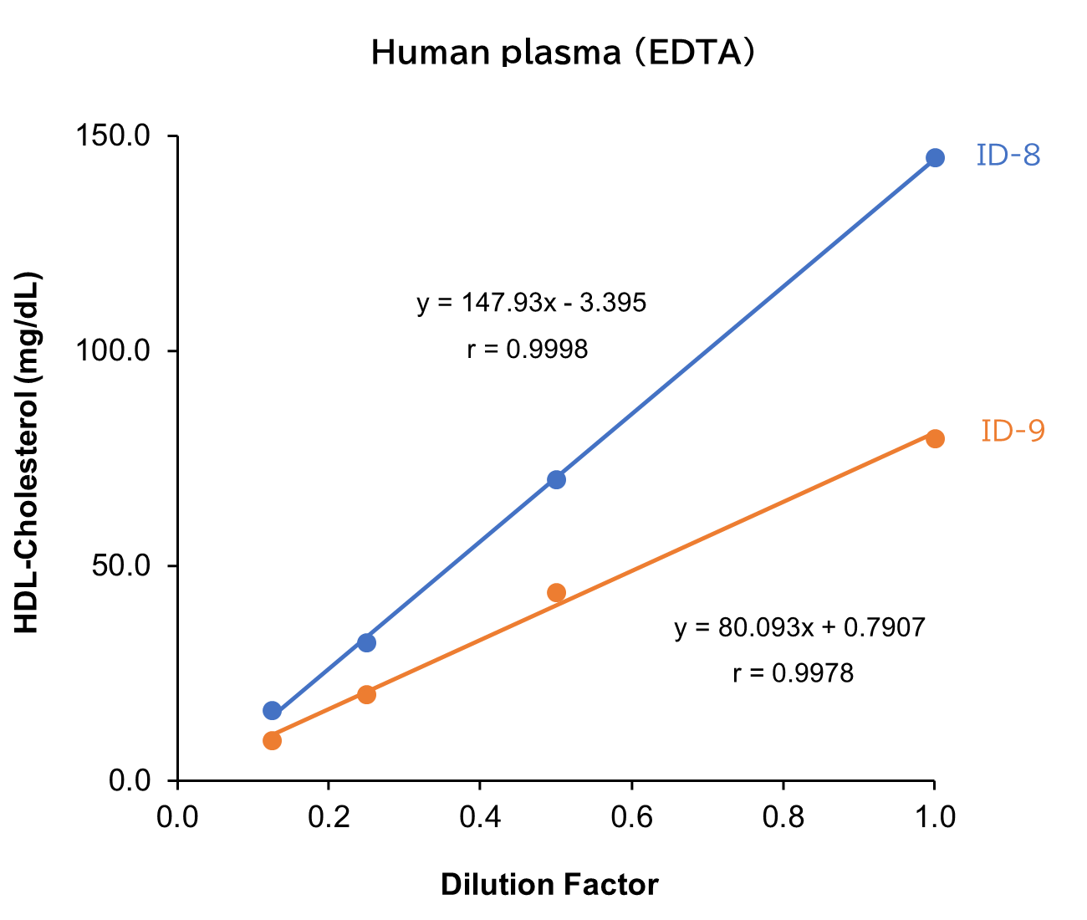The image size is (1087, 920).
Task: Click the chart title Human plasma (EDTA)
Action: [563, 52]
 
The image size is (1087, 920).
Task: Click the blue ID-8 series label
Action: [1008, 156]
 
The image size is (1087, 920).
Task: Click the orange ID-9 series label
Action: [1013, 431]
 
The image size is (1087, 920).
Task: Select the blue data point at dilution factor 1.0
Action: [935, 158]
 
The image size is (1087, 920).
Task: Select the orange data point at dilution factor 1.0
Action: [935, 438]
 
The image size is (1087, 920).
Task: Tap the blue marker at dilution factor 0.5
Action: [556, 479]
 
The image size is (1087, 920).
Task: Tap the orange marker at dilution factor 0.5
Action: [556, 593]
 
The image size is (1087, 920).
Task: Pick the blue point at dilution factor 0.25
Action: [366, 642]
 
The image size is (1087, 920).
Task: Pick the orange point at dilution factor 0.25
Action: [366, 694]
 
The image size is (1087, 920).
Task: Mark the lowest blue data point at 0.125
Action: [272, 711]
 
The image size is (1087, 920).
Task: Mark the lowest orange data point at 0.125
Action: [272, 740]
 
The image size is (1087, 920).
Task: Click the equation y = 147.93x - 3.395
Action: [531, 303]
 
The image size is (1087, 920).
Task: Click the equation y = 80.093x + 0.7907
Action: [799, 627]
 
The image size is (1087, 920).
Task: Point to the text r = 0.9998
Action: [527, 349]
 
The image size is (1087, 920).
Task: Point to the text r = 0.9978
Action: [793, 673]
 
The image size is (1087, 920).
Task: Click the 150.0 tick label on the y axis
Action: [113, 135]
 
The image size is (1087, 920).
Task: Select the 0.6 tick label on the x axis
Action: [631, 816]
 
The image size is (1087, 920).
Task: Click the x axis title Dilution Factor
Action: [549, 885]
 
